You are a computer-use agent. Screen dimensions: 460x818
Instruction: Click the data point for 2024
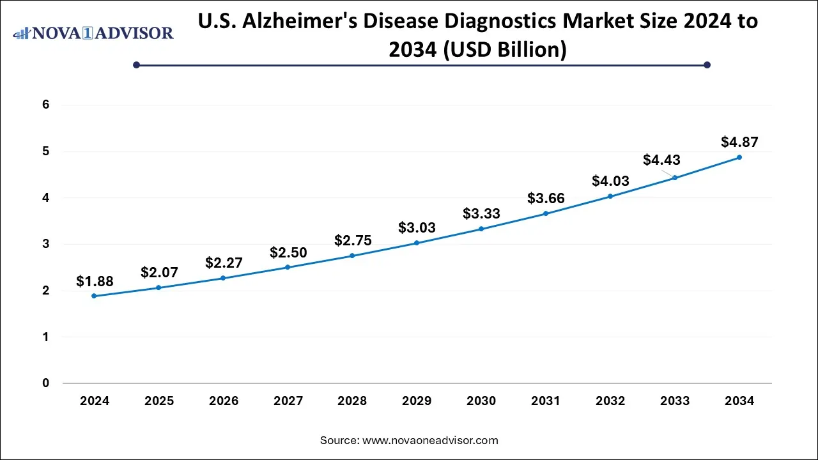(x=94, y=296)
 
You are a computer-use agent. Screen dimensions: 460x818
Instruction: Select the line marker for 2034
(x=739, y=157)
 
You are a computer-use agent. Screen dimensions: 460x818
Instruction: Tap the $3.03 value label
(x=417, y=227)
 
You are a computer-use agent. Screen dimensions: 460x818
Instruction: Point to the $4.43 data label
(x=661, y=160)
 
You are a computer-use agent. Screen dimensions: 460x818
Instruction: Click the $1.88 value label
(x=95, y=281)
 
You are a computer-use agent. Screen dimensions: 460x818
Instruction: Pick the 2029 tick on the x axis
(x=417, y=401)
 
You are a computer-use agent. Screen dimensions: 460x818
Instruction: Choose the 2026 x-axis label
(x=224, y=401)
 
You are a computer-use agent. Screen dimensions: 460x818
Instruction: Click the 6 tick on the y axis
(x=45, y=105)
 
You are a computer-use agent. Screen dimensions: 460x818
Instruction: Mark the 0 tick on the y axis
(x=45, y=383)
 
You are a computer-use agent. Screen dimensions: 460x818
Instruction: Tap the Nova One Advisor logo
(x=93, y=33)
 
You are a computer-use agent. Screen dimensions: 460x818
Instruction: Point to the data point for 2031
(x=546, y=213)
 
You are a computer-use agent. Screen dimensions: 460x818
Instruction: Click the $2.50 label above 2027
(x=288, y=253)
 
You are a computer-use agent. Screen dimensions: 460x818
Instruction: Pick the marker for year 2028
(x=352, y=256)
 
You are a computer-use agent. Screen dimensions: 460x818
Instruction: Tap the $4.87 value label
(x=739, y=142)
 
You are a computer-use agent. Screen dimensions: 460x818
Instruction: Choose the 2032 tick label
(x=610, y=401)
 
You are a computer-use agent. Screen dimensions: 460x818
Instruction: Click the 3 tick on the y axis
(x=45, y=244)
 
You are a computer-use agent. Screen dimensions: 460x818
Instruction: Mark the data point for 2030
(x=481, y=229)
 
